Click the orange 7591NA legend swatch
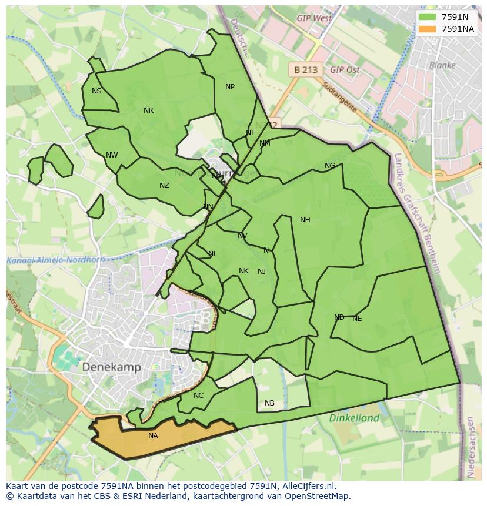click(428, 29)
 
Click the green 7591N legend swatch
click(428, 17)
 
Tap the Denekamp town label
click(111, 367)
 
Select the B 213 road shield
click(306, 69)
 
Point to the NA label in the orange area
click(153, 436)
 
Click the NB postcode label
click(269, 403)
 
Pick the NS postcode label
click(96, 91)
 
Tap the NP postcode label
click(230, 87)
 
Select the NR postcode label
click(148, 110)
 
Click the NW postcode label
click(112, 155)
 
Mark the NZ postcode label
click(164, 186)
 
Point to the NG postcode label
click(330, 166)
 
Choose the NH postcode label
click(305, 220)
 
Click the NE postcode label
click(357, 319)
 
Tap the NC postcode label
click(198, 396)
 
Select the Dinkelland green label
click(354, 418)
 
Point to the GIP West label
click(314, 18)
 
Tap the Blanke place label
click(442, 65)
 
